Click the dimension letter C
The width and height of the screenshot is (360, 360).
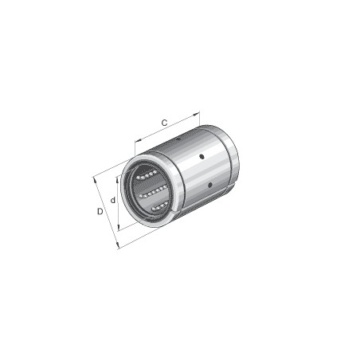(x=164, y=123)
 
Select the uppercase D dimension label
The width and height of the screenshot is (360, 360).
(x=100, y=211)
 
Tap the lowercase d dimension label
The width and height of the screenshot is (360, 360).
(x=113, y=200)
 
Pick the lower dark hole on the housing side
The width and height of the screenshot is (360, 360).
(x=209, y=185)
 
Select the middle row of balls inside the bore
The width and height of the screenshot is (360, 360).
(x=152, y=190)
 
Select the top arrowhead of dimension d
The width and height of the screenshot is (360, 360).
(x=119, y=177)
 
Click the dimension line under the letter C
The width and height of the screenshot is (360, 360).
(x=167, y=131)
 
